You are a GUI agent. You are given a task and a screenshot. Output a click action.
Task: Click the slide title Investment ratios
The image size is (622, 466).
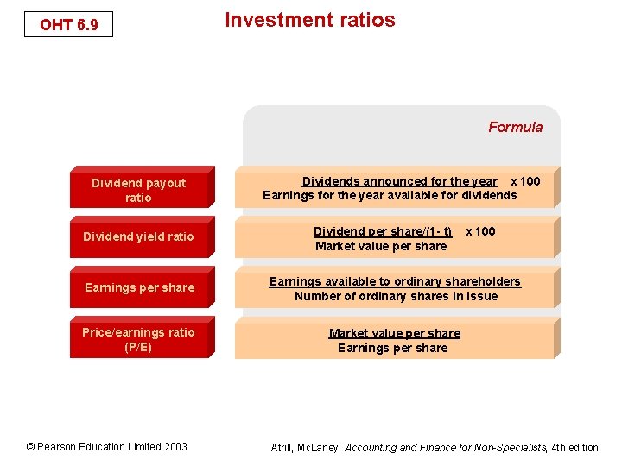pyautogui.click(x=309, y=20)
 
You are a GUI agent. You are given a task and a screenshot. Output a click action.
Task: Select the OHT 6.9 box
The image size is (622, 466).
pyautogui.click(x=69, y=25)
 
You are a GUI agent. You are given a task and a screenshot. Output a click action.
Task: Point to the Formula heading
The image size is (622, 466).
pyautogui.click(x=515, y=127)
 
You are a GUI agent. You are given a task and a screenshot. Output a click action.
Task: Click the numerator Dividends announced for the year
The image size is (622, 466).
pyautogui.click(x=399, y=181)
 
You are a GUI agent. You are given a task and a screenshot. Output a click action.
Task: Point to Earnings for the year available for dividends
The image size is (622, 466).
pyautogui.click(x=390, y=195)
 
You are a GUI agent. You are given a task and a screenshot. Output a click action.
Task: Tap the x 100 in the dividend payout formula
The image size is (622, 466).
pyautogui.click(x=525, y=181)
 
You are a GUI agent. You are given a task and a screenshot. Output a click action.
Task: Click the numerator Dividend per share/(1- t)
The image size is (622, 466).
pyautogui.click(x=382, y=231)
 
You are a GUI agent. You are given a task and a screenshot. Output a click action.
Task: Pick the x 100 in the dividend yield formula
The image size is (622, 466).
pyautogui.click(x=480, y=231)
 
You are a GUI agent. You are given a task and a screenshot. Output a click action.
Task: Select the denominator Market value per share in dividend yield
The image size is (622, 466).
pyautogui.click(x=381, y=246)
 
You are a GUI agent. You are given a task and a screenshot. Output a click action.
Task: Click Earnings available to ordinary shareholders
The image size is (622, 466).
pyautogui.click(x=395, y=281)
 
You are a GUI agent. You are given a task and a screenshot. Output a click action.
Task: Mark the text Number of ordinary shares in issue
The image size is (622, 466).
pyautogui.click(x=396, y=296)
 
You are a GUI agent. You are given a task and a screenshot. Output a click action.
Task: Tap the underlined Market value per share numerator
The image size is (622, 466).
pyautogui.click(x=394, y=333)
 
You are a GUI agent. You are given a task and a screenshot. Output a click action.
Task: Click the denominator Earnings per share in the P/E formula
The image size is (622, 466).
pyautogui.click(x=392, y=348)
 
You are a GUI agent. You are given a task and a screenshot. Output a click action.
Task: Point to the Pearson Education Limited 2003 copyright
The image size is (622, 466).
pyautogui.click(x=106, y=446)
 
